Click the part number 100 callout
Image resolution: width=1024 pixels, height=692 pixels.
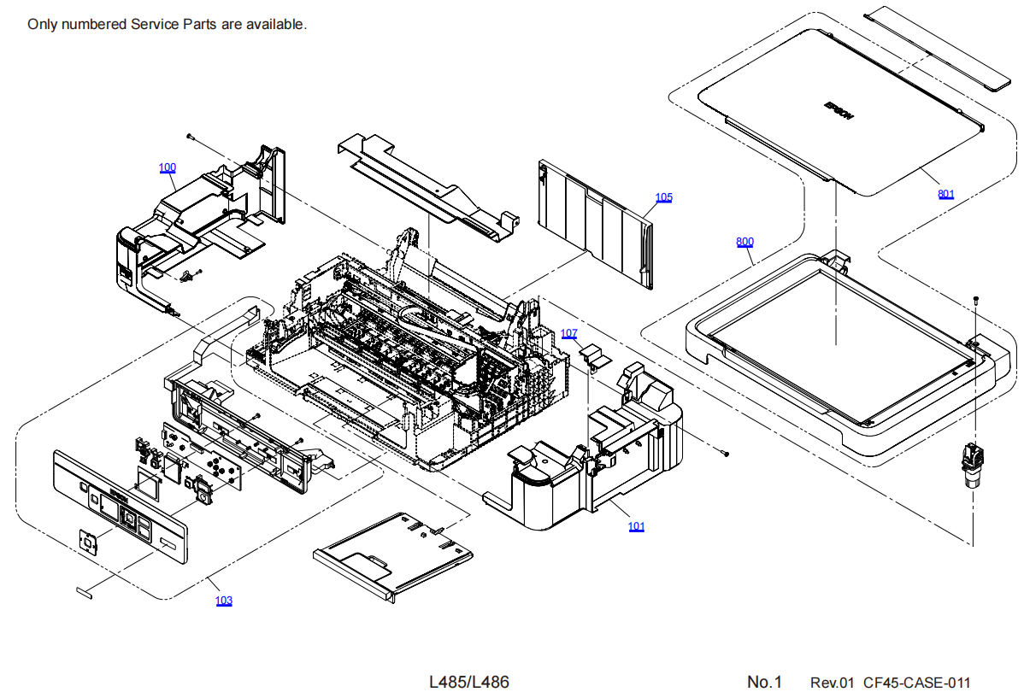tap(168, 167)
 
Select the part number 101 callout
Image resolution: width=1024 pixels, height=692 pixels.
tap(636, 526)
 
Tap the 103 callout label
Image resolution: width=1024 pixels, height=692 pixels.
tap(224, 601)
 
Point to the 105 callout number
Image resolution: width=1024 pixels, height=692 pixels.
tap(664, 197)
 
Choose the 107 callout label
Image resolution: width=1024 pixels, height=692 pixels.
tap(569, 333)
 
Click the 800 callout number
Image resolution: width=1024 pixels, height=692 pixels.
tap(745, 242)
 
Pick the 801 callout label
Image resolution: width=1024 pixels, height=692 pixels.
tap(946, 194)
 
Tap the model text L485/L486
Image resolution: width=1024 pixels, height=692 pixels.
tap(469, 682)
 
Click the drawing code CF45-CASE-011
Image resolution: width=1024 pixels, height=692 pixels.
tap(916, 683)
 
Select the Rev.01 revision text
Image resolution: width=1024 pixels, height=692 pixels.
tap(833, 683)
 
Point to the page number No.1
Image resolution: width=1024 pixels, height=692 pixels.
tap(765, 682)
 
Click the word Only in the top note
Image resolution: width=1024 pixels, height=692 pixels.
tap(43, 24)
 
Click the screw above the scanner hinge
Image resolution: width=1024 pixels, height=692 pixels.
tap(975, 300)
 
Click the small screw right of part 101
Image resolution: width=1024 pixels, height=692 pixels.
tap(725, 454)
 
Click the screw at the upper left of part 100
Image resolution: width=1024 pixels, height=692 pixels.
tap(189, 136)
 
